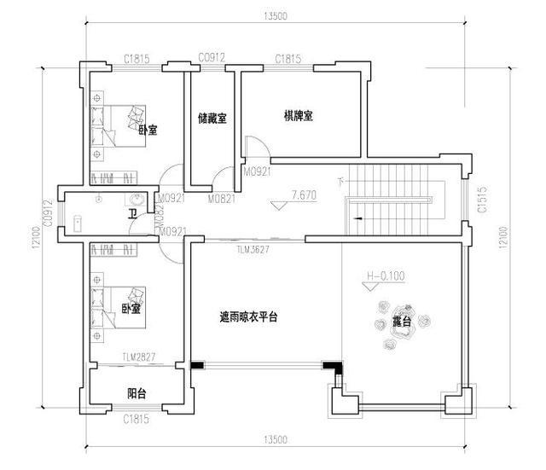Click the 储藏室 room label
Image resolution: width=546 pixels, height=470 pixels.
tap(212, 118)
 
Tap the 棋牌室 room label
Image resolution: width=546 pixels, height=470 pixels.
tap(299, 115)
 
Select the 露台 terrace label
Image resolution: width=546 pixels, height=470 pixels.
tap(402, 322)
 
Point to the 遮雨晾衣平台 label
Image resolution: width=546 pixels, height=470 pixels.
tap(248, 316)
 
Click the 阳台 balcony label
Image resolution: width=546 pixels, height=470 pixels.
tap(135, 393)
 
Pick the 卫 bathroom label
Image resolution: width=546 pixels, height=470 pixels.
tap(131, 214)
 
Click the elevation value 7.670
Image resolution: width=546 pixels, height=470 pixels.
tap(303, 195)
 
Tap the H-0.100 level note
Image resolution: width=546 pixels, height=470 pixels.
tap(384, 276)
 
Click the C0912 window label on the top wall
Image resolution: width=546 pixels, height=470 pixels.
tap(211, 58)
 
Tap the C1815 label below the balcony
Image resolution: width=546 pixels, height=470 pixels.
tap(136, 419)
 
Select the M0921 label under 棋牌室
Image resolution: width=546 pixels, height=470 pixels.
tap(258, 172)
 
